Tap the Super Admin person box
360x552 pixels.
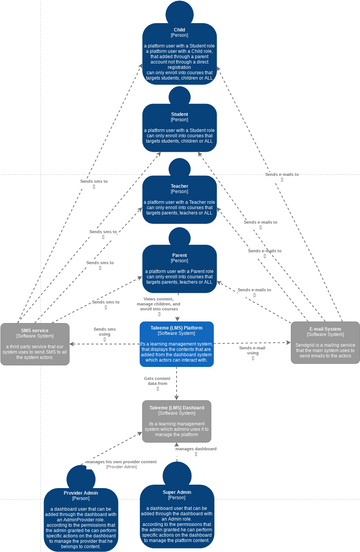click(x=180, y=514)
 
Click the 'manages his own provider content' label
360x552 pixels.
click(x=121, y=462)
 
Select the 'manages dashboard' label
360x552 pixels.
click(x=198, y=450)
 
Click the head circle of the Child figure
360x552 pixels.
click(x=180, y=12)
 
